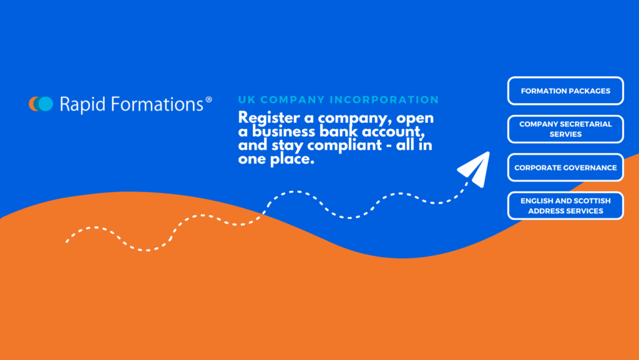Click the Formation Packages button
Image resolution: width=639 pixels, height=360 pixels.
565,91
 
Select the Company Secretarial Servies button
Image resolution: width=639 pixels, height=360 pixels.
565,129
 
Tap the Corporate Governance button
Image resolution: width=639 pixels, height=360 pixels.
565,168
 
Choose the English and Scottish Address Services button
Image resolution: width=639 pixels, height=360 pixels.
565,206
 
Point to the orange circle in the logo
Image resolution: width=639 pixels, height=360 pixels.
34,104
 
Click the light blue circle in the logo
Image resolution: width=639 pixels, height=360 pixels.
46,104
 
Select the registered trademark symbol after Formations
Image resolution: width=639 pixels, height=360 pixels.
208,99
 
